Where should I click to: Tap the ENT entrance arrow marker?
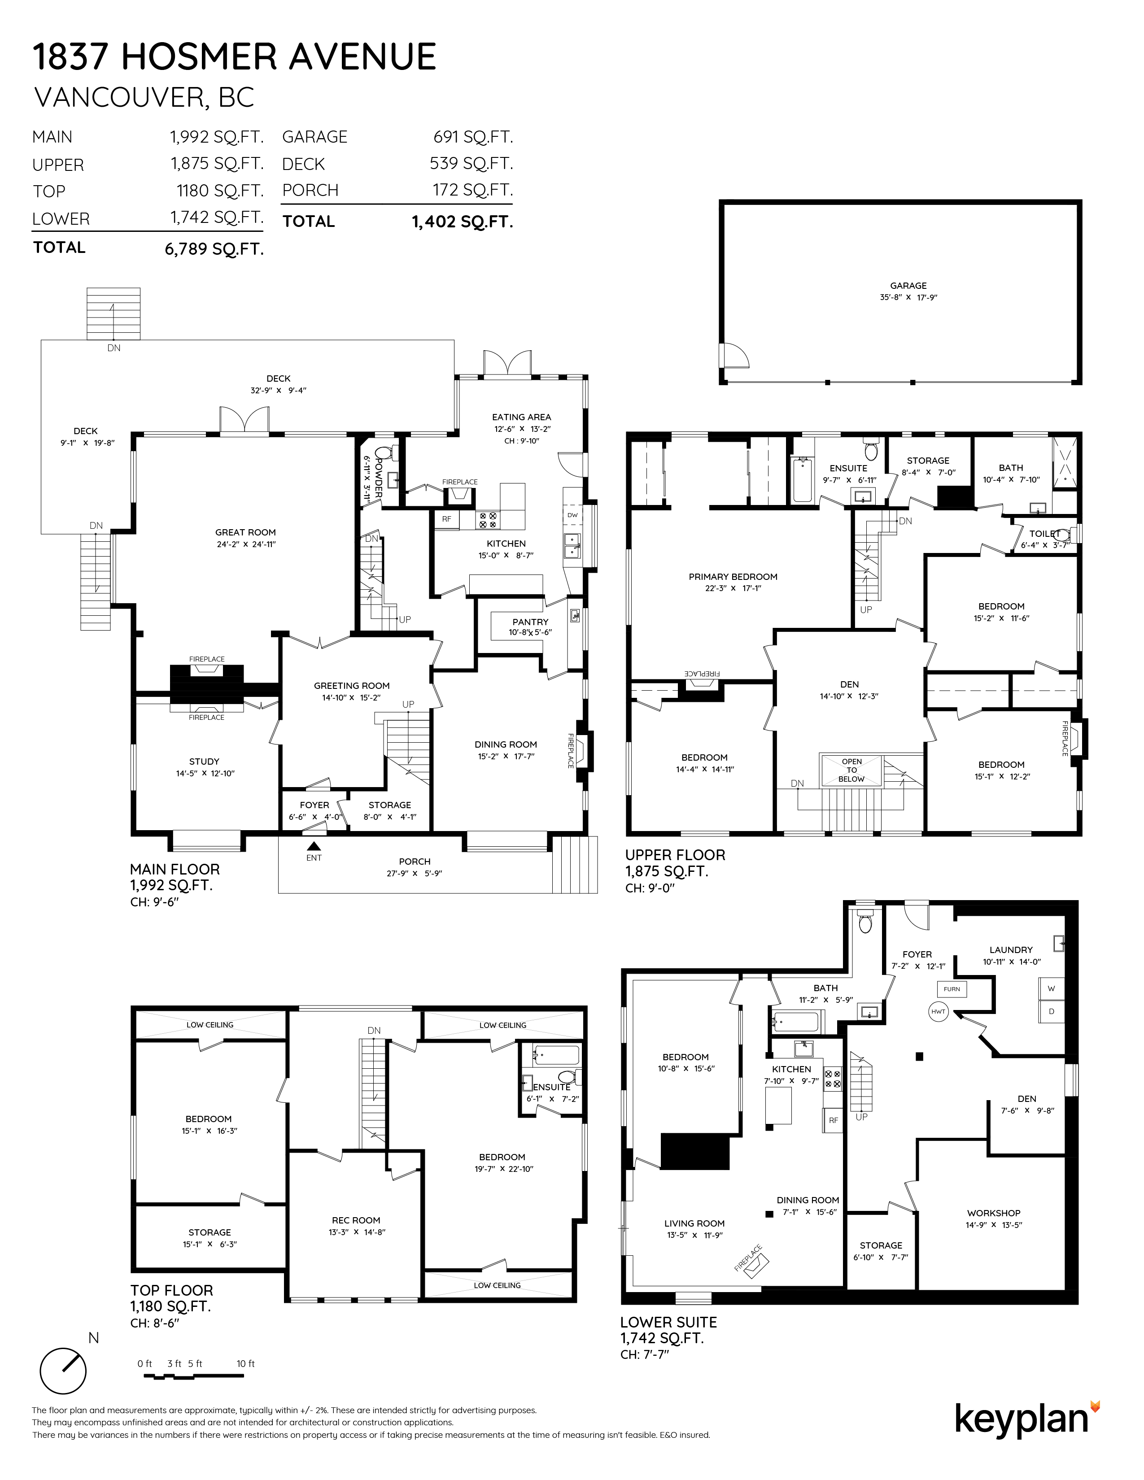coord(314,846)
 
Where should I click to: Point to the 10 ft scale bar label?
coord(246,1363)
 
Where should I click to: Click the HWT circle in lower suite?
coord(938,1012)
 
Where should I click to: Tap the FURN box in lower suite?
coord(952,989)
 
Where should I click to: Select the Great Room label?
coord(245,533)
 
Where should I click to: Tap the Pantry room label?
coord(530,622)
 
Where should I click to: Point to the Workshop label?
coord(994,1213)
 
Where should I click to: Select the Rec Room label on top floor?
coord(356,1220)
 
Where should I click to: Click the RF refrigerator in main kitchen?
coord(447,519)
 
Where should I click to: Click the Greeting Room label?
coord(351,686)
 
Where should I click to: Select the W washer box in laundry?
coord(1051,989)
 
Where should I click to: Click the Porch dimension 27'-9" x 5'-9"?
coord(414,874)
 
